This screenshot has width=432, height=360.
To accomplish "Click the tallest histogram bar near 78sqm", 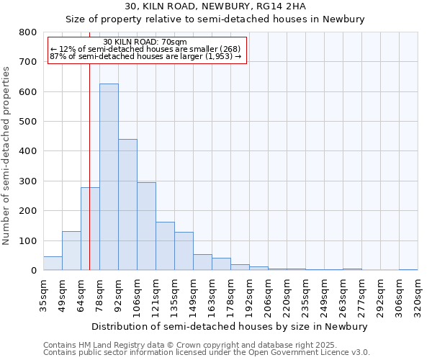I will coord(109,177).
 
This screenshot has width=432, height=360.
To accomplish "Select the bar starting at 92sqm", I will coord(127,204).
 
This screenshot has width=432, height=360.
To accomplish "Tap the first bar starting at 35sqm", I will coord(53,264).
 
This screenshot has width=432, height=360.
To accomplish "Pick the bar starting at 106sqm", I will coord(146,226).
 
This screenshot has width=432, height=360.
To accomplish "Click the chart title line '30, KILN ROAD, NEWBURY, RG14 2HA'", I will coord(215,6).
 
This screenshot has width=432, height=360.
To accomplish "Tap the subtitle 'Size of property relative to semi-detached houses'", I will coord(215,19).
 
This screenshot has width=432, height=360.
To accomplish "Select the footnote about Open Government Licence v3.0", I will coord(207,353).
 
